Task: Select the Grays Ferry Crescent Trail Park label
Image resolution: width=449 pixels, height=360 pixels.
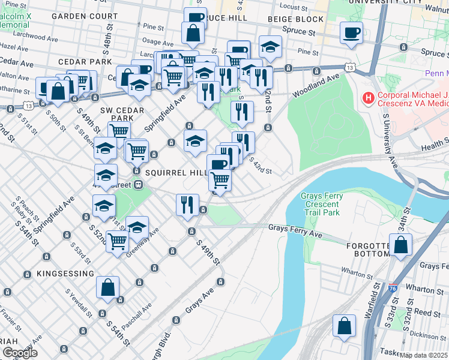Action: pos(322,204)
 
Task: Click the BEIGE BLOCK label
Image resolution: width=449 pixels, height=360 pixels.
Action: pos(296,20)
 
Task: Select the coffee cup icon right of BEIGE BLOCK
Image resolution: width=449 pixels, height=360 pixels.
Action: pos(351,33)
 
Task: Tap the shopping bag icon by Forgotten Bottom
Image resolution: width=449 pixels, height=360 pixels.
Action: pos(400,245)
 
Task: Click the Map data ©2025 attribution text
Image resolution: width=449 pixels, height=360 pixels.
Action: pos(423,355)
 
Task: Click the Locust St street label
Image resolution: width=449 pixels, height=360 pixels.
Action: pos(294,7)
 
